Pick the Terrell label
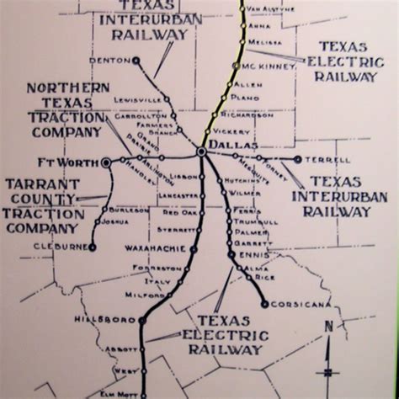(x=326, y=158)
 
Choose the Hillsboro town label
(x=113, y=321)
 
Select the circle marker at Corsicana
(x=264, y=304)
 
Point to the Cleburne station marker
(x=91, y=247)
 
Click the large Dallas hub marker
(x=202, y=152)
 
